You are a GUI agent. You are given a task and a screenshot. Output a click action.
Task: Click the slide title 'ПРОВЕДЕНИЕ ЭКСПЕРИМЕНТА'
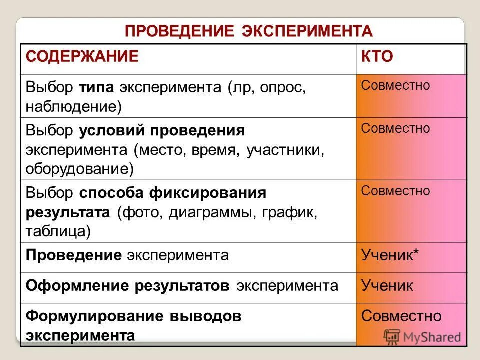(248, 31)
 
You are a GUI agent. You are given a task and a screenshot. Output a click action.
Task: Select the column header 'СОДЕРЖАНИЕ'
(82, 56)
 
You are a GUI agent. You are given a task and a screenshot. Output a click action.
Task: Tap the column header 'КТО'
(377, 56)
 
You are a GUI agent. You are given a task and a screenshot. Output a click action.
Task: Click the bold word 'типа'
(97, 87)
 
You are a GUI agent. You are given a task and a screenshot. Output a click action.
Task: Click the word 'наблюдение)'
(74, 106)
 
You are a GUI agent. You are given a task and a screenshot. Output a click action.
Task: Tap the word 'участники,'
(285, 150)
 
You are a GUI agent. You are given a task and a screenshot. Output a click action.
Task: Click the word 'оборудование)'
(80, 168)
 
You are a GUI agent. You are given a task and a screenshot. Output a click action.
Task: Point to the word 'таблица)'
(58, 230)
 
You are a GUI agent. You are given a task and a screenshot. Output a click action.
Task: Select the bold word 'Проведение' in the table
(74, 256)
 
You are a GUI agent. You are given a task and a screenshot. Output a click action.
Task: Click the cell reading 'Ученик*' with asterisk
(390, 256)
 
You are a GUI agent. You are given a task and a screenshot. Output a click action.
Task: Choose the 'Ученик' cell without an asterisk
(387, 286)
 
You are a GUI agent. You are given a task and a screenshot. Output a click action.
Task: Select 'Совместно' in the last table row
(401, 316)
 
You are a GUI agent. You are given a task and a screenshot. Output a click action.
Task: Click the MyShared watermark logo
(422, 337)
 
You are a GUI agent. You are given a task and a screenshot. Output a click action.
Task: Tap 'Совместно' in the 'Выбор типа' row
(395, 85)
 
